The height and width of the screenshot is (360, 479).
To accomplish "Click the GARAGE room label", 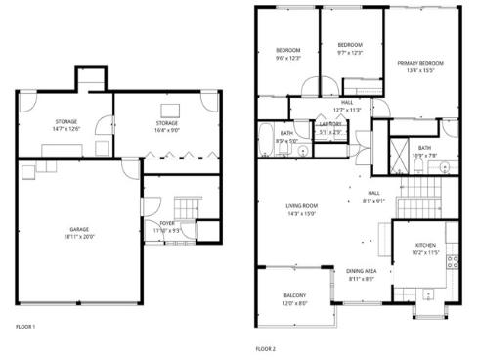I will tap(79, 229).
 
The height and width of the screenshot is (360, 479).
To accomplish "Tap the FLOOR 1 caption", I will tap(26, 326).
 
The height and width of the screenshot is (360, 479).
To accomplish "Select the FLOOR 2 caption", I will tap(266, 348).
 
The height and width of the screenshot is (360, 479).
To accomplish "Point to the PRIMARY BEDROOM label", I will tap(420, 63).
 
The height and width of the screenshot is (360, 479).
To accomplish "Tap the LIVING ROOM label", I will tap(302, 205).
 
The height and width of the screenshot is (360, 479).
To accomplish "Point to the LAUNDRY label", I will tap(329, 124).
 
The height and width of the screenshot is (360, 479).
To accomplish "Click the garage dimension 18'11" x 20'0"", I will tap(79, 236).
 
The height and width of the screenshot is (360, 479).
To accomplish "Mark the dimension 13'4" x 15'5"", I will tap(420, 70).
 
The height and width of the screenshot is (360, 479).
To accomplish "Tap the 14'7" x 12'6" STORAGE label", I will tap(65, 123).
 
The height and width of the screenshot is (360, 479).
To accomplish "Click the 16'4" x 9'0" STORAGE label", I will tap(165, 123).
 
